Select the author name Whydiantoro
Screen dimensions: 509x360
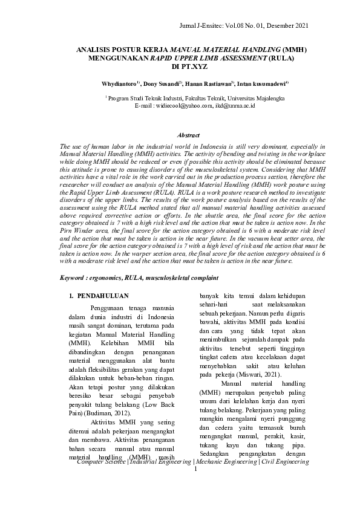[x=119, y=83]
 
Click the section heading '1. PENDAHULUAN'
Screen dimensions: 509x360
[x=98, y=296]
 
